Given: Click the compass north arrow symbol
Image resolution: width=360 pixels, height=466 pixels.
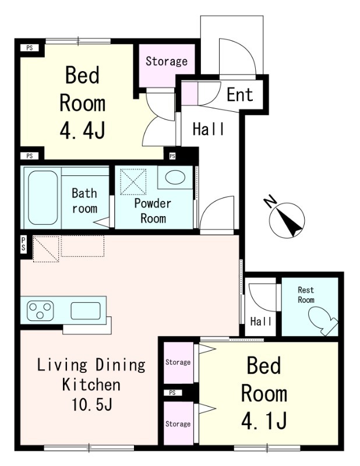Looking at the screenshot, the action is (287, 220).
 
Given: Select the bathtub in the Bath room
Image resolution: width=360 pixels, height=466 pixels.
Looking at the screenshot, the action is (43, 197).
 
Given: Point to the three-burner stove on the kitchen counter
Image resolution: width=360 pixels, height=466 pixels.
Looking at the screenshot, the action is (40, 310).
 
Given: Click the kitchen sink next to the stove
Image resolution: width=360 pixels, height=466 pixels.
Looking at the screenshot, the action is (86, 311).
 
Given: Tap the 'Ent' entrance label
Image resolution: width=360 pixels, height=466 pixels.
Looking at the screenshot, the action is (239, 94).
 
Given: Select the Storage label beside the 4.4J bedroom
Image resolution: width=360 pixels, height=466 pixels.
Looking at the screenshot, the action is (167, 61).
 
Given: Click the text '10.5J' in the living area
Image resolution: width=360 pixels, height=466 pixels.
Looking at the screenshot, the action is (92, 404).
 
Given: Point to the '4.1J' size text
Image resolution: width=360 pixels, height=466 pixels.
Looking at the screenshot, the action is (264, 420).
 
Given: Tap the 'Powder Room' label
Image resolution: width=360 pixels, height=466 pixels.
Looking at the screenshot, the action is (153, 211).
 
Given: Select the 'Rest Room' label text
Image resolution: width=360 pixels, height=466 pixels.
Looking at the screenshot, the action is (306, 295).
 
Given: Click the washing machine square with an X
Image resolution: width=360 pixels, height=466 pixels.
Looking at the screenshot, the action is (133, 182).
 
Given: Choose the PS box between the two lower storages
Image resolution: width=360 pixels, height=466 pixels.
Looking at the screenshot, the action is (172, 393).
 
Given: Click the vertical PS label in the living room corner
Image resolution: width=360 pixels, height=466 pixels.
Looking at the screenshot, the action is (23, 244).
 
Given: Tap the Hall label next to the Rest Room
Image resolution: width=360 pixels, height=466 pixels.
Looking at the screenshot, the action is (261, 322).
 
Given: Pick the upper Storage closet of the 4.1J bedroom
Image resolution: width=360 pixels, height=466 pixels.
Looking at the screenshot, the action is (179, 362).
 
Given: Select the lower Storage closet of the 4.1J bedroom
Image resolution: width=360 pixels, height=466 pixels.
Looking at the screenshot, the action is (179, 423).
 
